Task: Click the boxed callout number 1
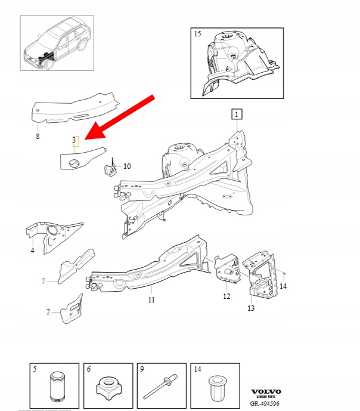[237, 115]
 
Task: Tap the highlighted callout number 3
[75, 141]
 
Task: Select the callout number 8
[38, 136]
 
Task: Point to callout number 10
[127, 166]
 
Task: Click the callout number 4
[32, 251]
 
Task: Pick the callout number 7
[44, 281]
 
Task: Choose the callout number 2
[48, 312]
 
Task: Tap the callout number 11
[151, 299]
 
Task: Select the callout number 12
[226, 296]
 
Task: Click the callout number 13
[251, 308]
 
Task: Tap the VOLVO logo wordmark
[266, 391]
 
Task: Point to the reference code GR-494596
[265, 403]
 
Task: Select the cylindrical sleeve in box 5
[58, 387]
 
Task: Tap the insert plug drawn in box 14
[216, 388]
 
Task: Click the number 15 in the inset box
[197, 34]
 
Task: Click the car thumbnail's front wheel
[49, 64]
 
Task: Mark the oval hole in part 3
[73, 163]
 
